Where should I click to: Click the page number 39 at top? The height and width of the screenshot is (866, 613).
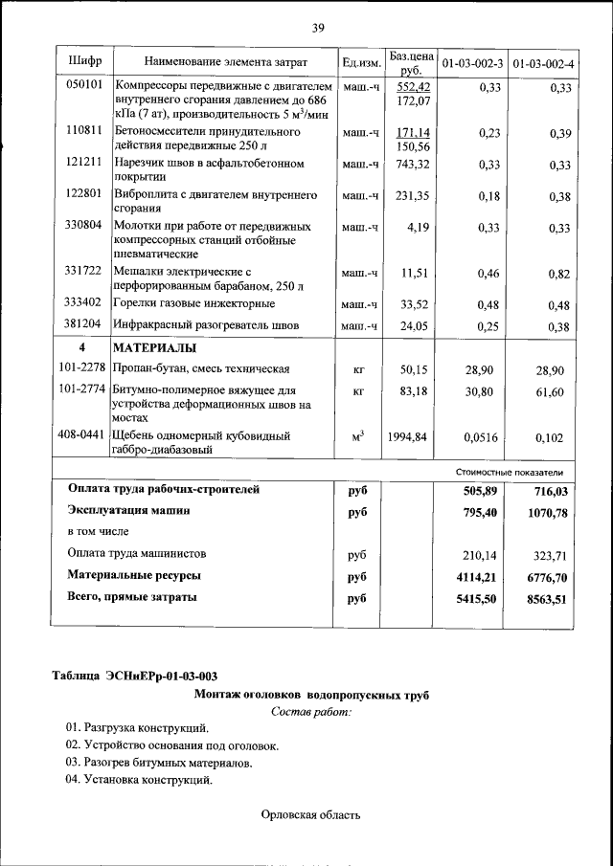[318, 27]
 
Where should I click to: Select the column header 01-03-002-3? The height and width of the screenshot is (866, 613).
[471, 64]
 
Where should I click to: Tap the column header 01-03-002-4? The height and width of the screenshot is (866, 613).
[543, 64]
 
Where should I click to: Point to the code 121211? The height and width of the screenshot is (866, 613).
[84, 164]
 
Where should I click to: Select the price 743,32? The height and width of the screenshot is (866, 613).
[412, 165]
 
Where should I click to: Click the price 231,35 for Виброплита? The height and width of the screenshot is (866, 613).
[412, 197]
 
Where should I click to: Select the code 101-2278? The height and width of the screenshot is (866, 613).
[81, 368]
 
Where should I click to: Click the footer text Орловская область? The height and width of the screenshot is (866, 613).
[310, 815]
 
